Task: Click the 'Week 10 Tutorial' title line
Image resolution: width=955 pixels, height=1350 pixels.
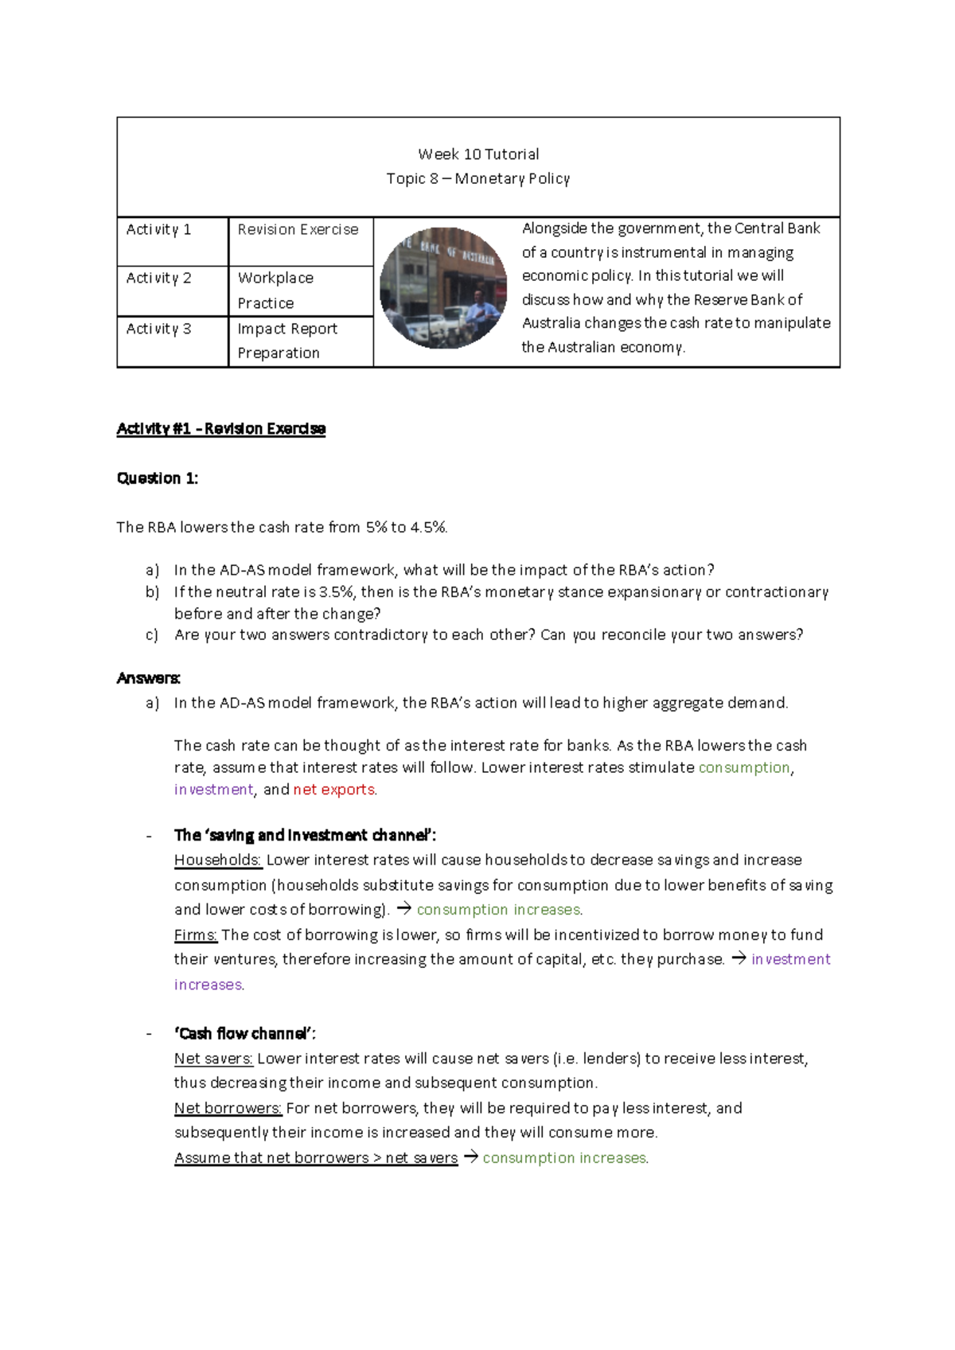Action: pos(478,154)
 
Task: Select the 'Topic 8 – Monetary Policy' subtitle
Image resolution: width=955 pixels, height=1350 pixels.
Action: pos(478,179)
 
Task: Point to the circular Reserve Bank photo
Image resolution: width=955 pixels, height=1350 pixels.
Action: pos(443,288)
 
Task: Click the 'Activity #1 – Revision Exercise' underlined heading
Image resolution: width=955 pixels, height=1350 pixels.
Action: pos(220,429)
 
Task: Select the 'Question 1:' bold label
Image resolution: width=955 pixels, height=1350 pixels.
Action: pos(157,478)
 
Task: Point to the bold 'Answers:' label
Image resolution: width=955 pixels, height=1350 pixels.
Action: pos(148,678)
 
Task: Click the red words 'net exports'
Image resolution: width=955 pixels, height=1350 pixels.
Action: pos(333,790)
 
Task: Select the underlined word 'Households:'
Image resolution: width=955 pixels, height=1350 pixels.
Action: pos(217,860)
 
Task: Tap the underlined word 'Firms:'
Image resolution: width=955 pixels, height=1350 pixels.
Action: pos(195,935)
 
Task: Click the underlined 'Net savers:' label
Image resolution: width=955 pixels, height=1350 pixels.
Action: pos(213,1059)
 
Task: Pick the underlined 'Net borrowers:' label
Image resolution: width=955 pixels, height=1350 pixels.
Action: pos(228,1108)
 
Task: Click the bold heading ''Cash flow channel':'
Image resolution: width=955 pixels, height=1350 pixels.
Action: pos(244,1034)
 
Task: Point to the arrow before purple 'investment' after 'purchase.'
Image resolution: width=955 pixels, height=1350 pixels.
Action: pos(739,959)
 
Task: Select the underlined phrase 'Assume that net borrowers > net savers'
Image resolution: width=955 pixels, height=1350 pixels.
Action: pos(316,1158)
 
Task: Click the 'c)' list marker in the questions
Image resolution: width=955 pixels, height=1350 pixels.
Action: pos(151,635)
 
